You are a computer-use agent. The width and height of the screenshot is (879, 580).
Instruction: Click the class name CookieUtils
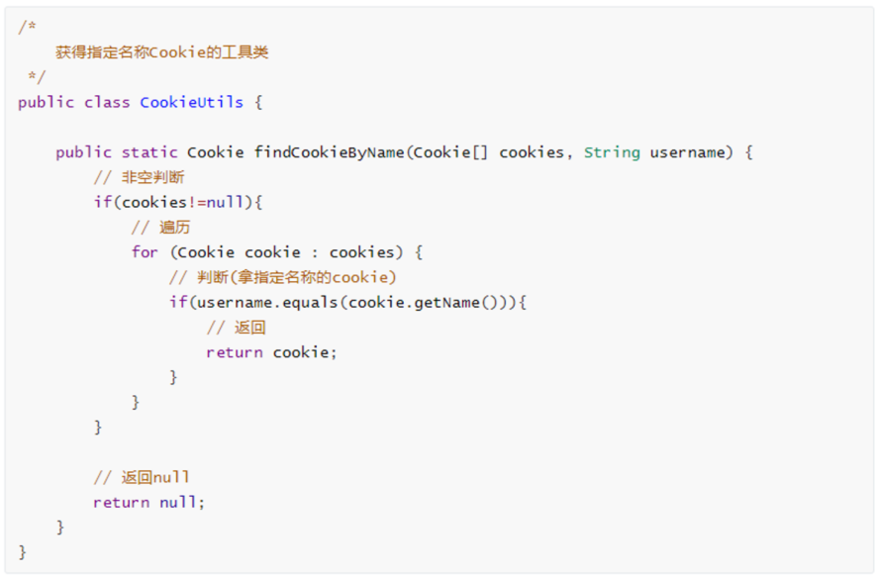point(191,102)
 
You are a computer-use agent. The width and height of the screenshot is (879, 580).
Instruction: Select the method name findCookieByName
point(330,152)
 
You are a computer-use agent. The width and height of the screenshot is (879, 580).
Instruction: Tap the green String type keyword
point(612,152)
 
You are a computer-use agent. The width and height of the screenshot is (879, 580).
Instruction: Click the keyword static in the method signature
point(149,152)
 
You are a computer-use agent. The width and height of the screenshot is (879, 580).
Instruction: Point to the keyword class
point(107,102)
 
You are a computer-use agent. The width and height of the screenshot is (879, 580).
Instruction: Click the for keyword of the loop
point(145,252)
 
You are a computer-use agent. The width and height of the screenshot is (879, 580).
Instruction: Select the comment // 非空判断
point(139,177)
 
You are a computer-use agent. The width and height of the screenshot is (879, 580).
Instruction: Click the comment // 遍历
point(160,228)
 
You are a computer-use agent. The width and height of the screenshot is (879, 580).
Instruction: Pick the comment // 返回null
point(142,478)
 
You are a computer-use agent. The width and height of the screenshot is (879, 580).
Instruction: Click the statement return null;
point(148,503)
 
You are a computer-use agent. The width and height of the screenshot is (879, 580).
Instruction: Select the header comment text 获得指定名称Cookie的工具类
point(161,52)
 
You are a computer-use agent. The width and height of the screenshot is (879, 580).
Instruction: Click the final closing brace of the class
point(23,552)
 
